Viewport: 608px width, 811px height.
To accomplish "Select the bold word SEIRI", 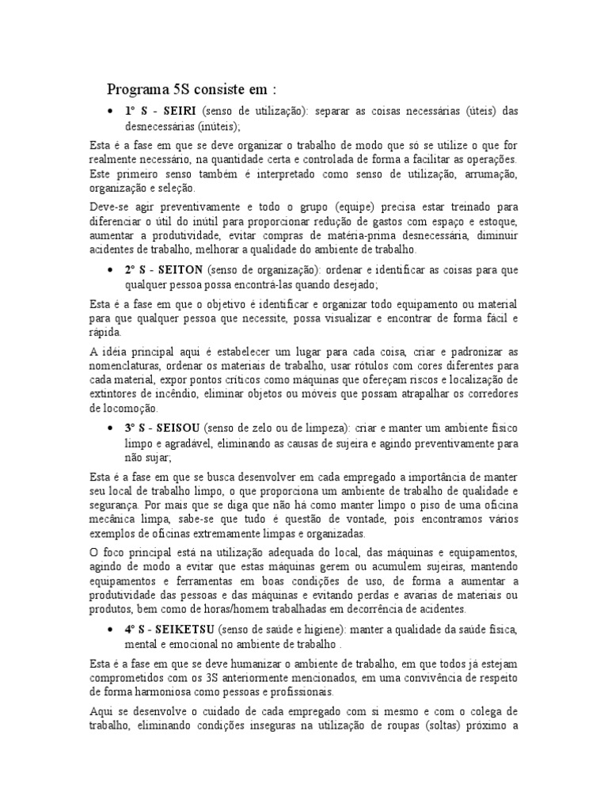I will (x=180, y=112).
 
